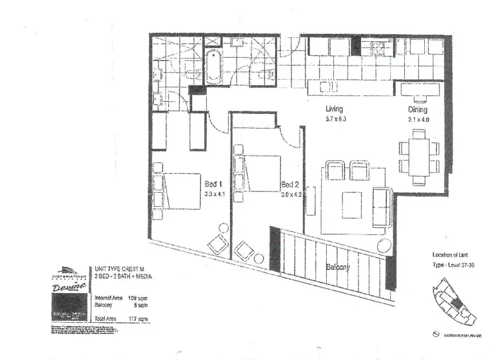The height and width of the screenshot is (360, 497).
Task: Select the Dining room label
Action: point(418,109)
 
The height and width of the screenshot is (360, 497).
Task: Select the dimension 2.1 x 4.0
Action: point(419,119)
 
